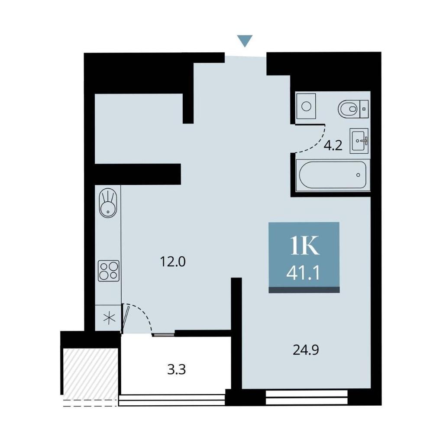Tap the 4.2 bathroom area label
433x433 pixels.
pos(333,145)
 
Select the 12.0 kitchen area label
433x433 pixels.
pos(173,262)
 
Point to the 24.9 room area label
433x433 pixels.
pos(306,350)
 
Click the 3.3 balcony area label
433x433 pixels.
pos(177,369)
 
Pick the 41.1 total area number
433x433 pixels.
pos(303,274)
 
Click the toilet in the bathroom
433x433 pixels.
pos(353,109)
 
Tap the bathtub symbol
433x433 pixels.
pos(333,175)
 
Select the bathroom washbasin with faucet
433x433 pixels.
pos(359,141)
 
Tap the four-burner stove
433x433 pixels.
pos(109,271)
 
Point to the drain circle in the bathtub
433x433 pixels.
pos(358,175)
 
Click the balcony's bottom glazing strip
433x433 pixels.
pos(172,400)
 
